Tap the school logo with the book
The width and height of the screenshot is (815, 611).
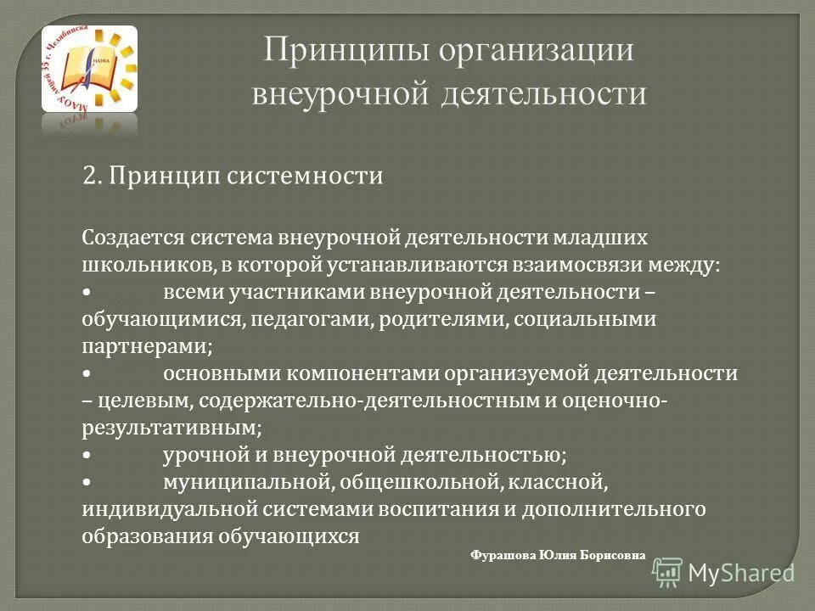pyautogui.click(x=89, y=69)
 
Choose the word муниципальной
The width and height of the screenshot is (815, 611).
pyautogui.click(x=246, y=483)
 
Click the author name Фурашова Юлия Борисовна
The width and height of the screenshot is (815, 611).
pyautogui.click(x=557, y=555)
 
